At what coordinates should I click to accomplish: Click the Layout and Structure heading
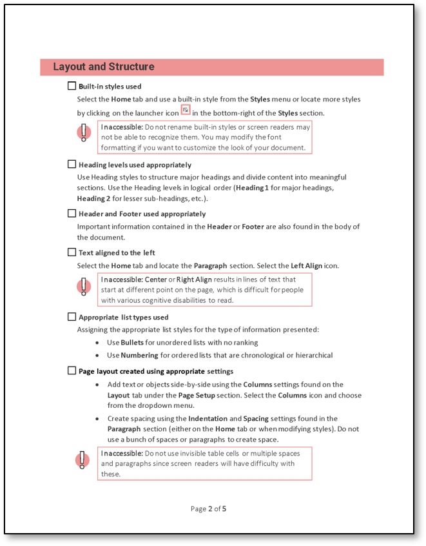[104, 67]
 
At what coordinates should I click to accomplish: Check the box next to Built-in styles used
[72, 86]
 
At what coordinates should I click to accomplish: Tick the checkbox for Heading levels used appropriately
[72, 165]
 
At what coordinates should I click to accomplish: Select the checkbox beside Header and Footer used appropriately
[72, 214]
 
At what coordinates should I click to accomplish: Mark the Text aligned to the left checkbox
[72, 252]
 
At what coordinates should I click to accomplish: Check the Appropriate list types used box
[72, 317]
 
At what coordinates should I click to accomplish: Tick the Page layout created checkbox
[72, 371]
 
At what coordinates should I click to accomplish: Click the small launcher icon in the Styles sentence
[186, 110]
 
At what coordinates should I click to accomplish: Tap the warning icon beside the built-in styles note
[83, 133]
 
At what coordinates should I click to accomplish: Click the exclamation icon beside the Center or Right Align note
[83, 286]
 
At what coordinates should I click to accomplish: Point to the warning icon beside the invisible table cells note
[83, 460]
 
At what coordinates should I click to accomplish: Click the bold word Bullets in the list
[132, 343]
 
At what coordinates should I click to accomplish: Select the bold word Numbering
[139, 356]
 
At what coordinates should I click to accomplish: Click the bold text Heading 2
[93, 199]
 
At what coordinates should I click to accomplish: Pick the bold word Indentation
[208, 419]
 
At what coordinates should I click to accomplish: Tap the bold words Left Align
[306, 266]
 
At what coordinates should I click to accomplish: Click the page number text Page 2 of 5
[208, 509]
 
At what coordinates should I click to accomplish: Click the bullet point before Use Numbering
[97, 356]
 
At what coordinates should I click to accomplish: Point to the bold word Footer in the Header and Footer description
[253, 227]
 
